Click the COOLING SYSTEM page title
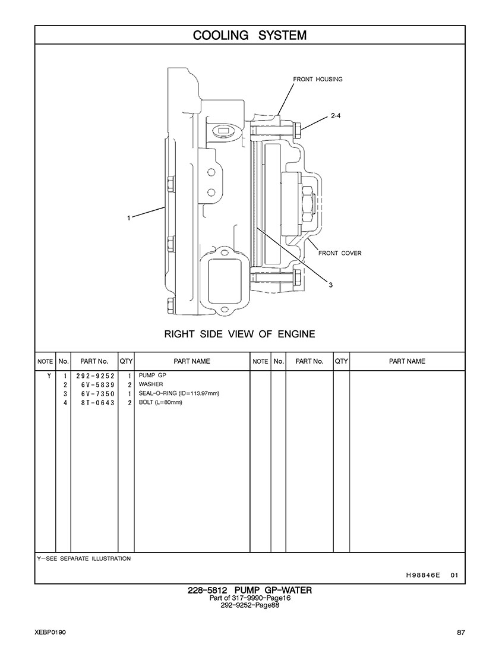[x=249, y=36]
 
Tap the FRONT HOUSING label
[x=317, y=79]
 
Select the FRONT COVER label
[x=340, y=253]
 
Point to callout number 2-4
[x=335, y=116]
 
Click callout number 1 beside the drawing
[x=128, y=218]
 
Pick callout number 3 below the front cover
[x=331, y=285]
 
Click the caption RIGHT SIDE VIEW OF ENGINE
[x=239, y=334]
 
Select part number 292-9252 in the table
[x=95, y=376]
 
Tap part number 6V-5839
[x=95, y=384]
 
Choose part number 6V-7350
[x=95, y=393]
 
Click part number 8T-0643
[x=95, y=402]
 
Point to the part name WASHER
[x=150, y=384]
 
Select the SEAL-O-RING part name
[x=179, y=393]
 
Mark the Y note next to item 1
[x=48, y=376]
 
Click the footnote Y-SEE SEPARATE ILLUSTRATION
[x=84, y=558]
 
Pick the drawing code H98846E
[x=423, y=575]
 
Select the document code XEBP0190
[x=50, y=632]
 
